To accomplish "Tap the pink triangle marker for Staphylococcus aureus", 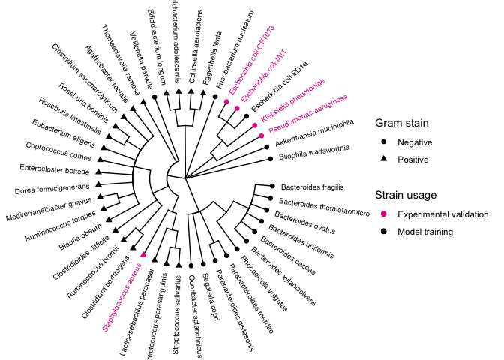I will (x=143, y=255).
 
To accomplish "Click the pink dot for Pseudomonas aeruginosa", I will (x=262, y=135).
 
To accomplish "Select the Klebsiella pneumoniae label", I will (x=293, y=102).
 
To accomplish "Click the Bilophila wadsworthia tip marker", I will (x=269, y=159).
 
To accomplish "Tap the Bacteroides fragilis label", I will (x=310, y=187).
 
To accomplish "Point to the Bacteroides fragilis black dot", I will (x=271, y=185).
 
